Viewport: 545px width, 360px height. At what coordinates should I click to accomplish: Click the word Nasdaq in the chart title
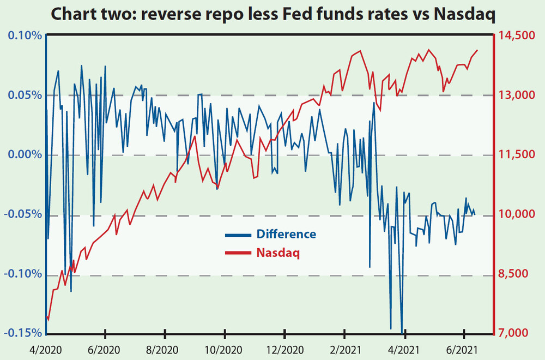tap(464, 15)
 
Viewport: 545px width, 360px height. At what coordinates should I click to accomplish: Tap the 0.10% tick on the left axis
tap(25, 36)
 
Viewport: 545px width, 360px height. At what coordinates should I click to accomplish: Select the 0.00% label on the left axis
tap(25, 154)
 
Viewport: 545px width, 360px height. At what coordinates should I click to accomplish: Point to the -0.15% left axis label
tap(23, 333)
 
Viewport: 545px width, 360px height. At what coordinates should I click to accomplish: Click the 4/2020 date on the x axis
tap(46, 350)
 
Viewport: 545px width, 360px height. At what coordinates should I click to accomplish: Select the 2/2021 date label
tap(345, 350)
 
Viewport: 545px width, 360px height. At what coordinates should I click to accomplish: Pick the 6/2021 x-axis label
tap(464, 350)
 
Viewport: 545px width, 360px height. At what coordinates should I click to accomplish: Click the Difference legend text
tap(286, 234)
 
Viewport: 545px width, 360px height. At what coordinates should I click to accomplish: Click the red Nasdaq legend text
tap(278, 253)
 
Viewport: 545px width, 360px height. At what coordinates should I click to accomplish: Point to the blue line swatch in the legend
tap(238, 236)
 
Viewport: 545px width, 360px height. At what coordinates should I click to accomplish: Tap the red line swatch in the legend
tap(238, 253)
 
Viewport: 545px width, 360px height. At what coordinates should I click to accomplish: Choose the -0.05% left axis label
tap(23, 214)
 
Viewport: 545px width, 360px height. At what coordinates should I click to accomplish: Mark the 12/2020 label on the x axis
tap(284, 350)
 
